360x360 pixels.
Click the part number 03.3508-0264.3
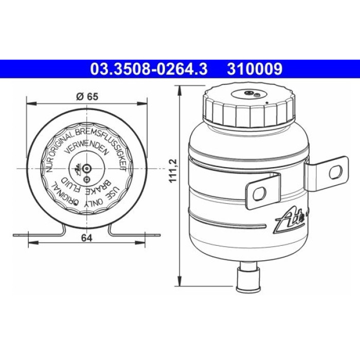pos(149,69)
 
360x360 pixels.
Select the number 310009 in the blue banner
pos(255,69)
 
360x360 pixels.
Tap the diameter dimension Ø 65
pos(87,97)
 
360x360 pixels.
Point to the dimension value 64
pos(87,238)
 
